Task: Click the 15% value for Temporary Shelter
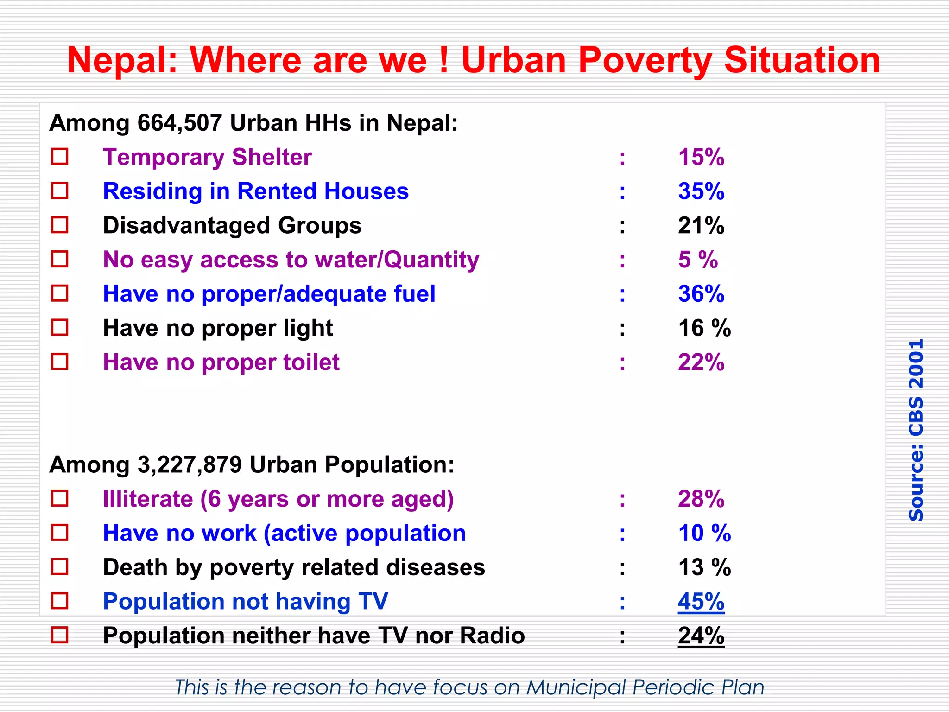701,157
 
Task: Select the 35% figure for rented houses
701,191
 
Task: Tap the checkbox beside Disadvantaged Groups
60,225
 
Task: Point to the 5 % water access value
697,260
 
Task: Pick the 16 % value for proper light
704,328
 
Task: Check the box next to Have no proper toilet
60,362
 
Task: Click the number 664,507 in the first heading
180,123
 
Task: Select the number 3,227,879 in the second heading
190,464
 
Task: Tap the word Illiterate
148,499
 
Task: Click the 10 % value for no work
704,533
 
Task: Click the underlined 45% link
701,602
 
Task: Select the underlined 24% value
701,636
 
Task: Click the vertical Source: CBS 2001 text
916,430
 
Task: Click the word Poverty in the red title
645,60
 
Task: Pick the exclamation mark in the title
443,60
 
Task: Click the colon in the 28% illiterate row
622,500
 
